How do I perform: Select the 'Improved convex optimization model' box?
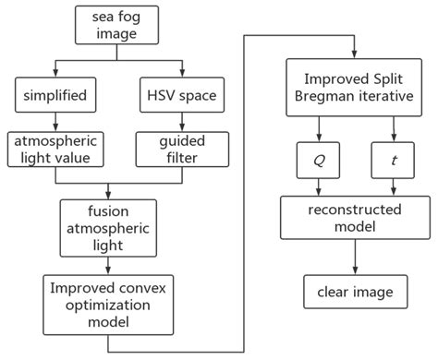[x=109, y=304]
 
